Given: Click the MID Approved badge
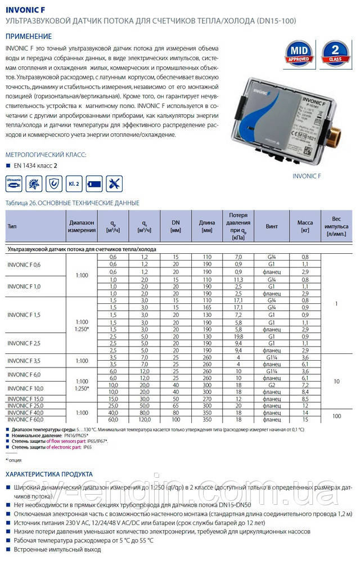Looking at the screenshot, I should (300, 55).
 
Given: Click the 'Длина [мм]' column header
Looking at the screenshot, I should (207, 226).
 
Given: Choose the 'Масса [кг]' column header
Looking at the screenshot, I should (305, 226).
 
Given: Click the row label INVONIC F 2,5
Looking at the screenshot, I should (25, 343).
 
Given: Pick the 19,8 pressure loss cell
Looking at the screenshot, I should (237, 336).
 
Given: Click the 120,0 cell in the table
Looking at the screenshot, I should (145, 419).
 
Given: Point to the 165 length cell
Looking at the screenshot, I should (207, 308).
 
